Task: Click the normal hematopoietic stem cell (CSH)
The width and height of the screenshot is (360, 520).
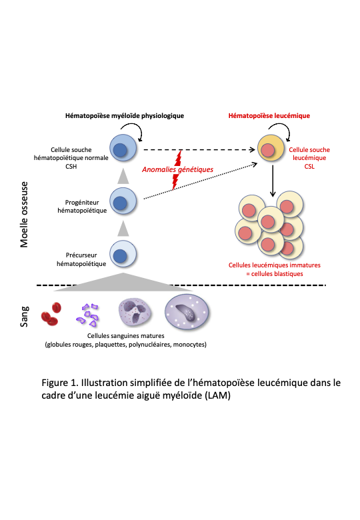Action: click(x=123, y=148)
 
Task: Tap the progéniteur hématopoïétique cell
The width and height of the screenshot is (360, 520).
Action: click(x=123, y=201)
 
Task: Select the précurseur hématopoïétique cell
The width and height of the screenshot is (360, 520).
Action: click(x=123, y=254)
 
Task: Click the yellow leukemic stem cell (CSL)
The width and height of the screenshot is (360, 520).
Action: click(x=271, y=148)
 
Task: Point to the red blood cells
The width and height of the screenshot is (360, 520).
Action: click(x=51, y=314)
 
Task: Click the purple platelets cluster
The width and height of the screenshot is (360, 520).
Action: click(x=88, y=315)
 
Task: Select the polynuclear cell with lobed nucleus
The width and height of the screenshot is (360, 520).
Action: click(x=135, y=312)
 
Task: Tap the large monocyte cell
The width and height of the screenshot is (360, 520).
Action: click(x=187, y=313)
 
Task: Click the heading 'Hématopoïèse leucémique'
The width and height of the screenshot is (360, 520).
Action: click(x=269, y=116)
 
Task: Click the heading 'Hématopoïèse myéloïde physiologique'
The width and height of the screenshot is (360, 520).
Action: click(x=125, y=116)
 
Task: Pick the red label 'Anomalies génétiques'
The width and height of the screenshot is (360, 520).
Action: click(x=178, y=169)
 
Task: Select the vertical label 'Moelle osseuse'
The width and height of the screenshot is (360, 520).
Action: click(x=24, y=215)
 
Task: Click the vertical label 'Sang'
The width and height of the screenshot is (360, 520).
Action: click(x=24, y=317)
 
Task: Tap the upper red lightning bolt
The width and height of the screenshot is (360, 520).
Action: click(x=179, y=158)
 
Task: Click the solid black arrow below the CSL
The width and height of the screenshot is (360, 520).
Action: click(x=273, y=181)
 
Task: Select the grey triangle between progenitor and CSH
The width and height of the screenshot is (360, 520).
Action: click(x=123, y=176)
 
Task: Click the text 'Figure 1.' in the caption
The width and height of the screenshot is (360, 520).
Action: click(x=60, y=383)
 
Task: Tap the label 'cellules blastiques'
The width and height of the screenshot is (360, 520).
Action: click(x=277, y=274)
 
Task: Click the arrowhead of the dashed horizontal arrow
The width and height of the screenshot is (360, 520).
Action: click(x=252, y=149)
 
